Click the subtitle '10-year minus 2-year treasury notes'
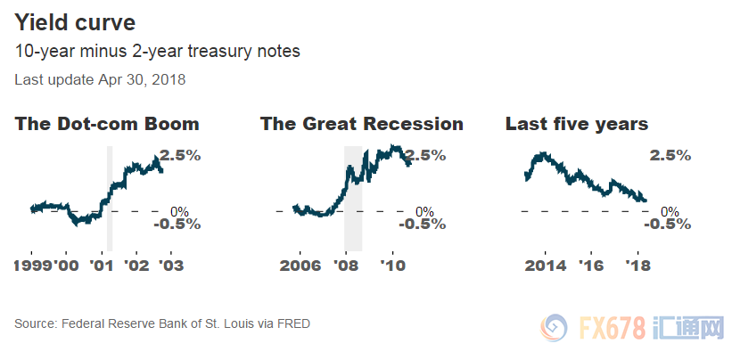click(157, 51)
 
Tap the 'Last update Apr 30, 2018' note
click(100, 79)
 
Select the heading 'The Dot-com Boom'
click(107, 124)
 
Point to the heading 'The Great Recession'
click(362, 124)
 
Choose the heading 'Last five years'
click(577, 124)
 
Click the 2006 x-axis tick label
click(300, 266)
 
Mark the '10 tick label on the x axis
click(393, 266)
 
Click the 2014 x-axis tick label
click(546, 266)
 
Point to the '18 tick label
click(637, 266)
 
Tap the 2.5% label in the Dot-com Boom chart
click(180, 155)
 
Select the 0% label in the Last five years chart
click(670, 211)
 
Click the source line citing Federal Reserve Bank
click(162, 323)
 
